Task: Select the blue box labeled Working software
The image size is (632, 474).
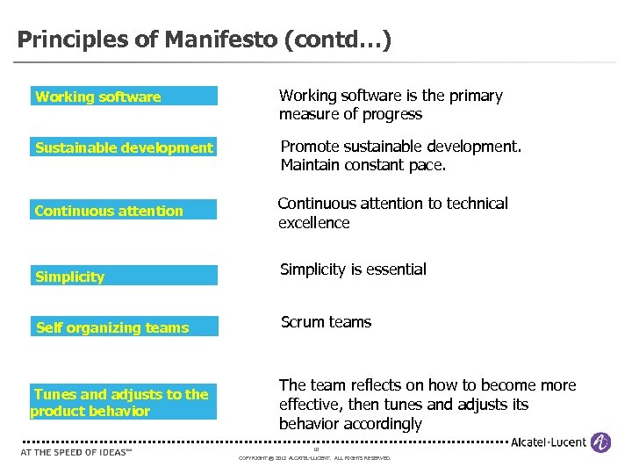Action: tap(124, 97)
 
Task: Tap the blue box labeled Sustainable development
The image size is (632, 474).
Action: tap(124, 147)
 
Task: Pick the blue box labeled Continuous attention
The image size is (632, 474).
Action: tap(124, 211)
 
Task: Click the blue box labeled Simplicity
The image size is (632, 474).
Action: tap(124, 276)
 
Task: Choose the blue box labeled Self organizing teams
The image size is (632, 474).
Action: tap(124, 327)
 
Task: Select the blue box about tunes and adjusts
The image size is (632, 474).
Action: tap(124, 403)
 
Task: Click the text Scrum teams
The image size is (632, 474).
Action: tap(326, 322)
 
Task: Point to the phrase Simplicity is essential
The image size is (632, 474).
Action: tap(353, 269)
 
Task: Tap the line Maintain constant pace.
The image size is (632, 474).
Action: tap(363, 165)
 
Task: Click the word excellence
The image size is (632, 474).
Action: tap(314, 223)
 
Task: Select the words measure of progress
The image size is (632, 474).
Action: tap(350, 114)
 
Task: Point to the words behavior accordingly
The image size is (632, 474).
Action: tap(350, 424)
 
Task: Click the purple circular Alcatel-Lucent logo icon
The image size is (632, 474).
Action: tap(600, 442)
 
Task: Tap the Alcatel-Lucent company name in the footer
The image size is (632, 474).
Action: tap(549, 442)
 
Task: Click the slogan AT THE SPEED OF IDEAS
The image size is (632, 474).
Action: tap(75, 453)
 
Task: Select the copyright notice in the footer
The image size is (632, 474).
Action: tap(315, 458)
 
